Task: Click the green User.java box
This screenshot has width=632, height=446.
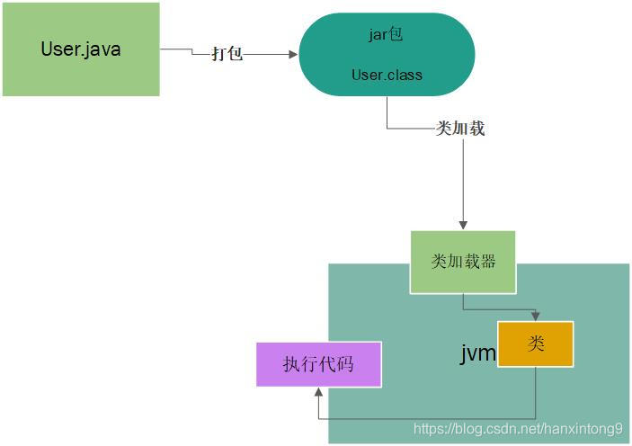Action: [81, 49]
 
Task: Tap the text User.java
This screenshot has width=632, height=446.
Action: [81, 49]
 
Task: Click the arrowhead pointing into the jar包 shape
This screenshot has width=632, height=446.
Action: [293, 54]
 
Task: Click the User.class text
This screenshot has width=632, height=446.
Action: [387, 75]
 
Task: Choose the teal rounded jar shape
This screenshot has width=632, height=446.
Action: [387, 55]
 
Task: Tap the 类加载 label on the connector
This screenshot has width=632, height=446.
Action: [460, 129]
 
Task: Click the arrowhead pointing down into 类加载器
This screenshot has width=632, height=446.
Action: [463, 225]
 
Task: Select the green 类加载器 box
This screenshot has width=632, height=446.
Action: [463, 262]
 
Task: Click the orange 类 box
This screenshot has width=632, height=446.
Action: [536, 343]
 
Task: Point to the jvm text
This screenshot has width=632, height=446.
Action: [478, 352]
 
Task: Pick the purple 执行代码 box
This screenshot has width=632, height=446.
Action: [318, 364]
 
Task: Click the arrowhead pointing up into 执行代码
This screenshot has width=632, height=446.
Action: [318, 392]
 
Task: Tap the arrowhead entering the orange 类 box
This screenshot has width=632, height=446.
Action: [536, 316]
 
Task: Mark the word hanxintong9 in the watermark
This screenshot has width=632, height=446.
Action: [581, 429]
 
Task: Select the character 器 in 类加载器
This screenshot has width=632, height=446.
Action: [485, 262]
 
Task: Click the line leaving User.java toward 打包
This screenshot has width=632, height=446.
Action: [175, 50]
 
